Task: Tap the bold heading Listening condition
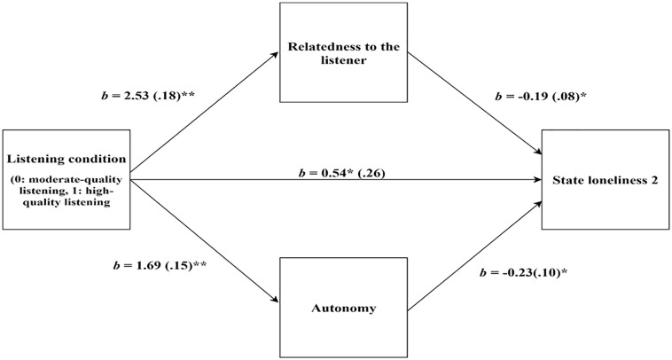(66, 159)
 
